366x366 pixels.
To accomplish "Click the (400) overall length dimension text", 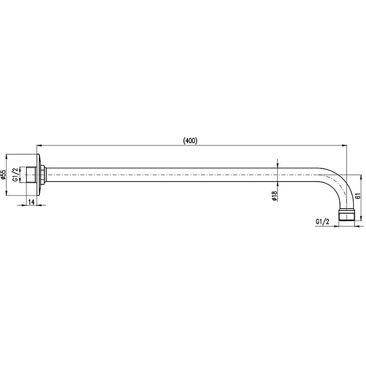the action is point(190,140).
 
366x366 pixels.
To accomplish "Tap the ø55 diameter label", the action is point(3,175).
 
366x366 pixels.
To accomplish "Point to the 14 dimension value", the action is point(32,202).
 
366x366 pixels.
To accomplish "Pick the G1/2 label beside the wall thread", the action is point(15,175).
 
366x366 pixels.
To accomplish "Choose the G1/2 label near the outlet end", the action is point(323,221).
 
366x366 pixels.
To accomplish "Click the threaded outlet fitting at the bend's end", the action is point(346,215).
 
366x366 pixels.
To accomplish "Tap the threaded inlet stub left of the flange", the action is point(31,175).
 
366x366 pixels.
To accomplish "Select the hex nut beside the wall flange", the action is point(43,175).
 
